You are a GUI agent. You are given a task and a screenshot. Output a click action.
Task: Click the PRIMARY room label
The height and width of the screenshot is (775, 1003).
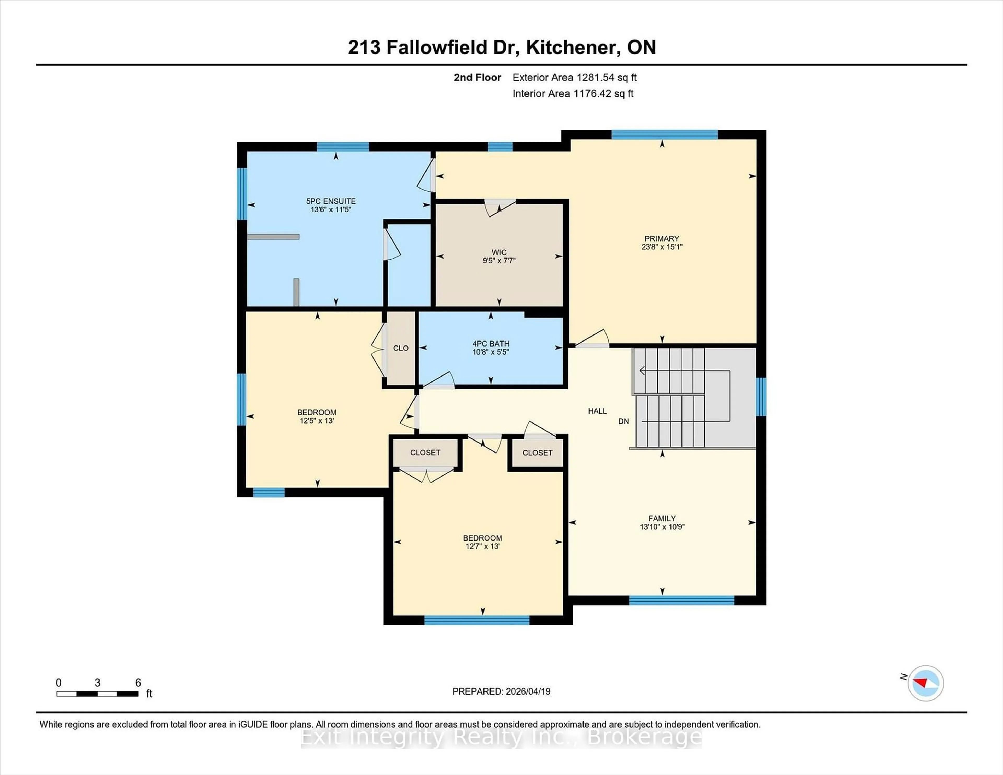coord(661,238)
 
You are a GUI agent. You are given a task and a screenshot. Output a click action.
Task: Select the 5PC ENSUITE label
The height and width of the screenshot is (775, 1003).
coord(331,201)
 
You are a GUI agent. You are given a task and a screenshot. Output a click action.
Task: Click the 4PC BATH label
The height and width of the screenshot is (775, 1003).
coord(491,343)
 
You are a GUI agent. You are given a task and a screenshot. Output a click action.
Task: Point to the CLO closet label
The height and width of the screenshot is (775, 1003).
coord(400,348)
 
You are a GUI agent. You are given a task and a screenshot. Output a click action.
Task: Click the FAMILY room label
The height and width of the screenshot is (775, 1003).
coord(662,518)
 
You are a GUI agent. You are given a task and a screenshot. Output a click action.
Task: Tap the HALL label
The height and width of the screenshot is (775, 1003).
coord(597,411)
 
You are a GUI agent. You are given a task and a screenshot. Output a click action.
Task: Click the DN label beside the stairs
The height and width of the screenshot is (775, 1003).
coord(623,421)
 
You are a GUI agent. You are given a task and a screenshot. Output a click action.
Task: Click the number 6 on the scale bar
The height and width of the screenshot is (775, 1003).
coord(138,683)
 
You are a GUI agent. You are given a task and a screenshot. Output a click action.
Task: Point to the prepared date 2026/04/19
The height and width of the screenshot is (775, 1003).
coord(526,691)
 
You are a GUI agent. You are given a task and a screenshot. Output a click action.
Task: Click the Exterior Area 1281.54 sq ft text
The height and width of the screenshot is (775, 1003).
coord(574,78)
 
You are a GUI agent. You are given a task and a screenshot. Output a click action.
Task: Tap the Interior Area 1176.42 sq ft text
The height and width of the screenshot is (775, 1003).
coord(573,94)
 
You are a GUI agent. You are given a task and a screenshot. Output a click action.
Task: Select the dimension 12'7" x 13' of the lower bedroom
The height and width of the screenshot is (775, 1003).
coord(482,546)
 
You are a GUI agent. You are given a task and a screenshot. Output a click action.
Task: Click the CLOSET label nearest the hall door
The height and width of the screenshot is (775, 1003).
coord(537,453)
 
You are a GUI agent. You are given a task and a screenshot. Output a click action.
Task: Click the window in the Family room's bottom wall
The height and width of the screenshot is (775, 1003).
coord(681,600)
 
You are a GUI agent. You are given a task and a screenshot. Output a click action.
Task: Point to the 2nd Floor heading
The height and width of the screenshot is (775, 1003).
coord(477,78)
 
